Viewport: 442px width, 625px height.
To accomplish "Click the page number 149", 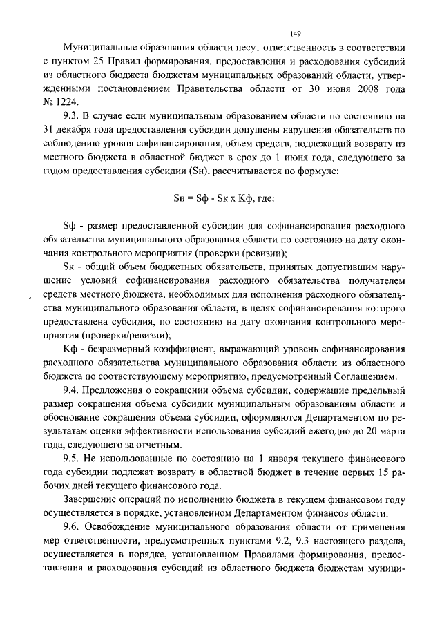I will pyautogui.click(x=296, y=32).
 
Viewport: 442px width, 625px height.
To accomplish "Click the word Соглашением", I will pyautogui.click(x=364, y=376).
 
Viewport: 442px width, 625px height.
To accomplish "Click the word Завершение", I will pyautogui.click(x=90, y=499).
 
